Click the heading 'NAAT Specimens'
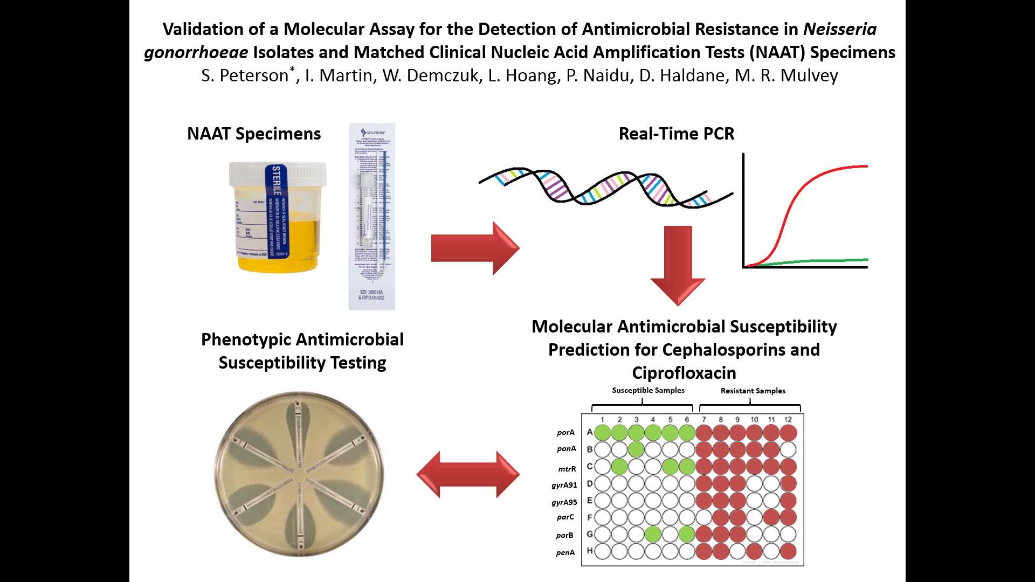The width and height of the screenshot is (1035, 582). (x=254, y=134)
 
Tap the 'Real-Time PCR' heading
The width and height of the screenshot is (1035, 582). (x=676, y=134)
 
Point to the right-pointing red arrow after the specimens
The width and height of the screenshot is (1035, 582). (x=475, y=248)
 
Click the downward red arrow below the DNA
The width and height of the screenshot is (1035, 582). (x=678, y=264)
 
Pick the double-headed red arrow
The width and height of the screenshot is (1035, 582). (x=468, y=474)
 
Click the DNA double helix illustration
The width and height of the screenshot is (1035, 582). (x=604, y=189)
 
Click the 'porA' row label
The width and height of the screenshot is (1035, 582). (x=565, y=432)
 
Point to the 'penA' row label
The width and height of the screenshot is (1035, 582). (x=565, y=552)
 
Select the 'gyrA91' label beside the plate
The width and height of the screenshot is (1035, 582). (x=564, y=485)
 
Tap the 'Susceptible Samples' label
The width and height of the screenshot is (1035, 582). (x=648, y=390)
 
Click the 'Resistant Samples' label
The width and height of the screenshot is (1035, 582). (x=753, y=391)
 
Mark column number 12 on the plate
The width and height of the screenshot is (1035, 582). (x=788, y=419)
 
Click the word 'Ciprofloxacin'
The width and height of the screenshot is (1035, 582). (x=684, y=372)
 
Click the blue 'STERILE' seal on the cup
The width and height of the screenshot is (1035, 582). (x=276, y=181)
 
